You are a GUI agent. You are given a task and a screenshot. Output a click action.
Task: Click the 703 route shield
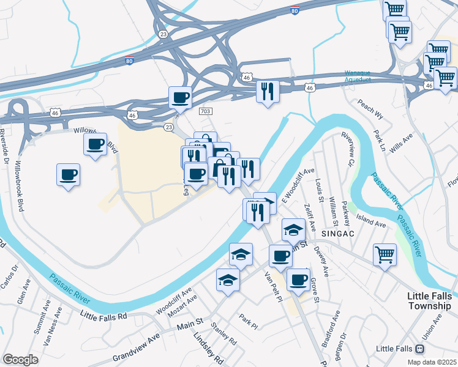(205, 111)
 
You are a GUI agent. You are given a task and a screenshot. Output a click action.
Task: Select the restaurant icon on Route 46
(267, 91)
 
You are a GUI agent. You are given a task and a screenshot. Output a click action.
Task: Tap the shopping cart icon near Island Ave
(385, 254)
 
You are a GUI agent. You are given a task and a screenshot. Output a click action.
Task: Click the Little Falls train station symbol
(420, 349)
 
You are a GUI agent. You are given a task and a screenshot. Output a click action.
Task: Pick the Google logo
(21, 359)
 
